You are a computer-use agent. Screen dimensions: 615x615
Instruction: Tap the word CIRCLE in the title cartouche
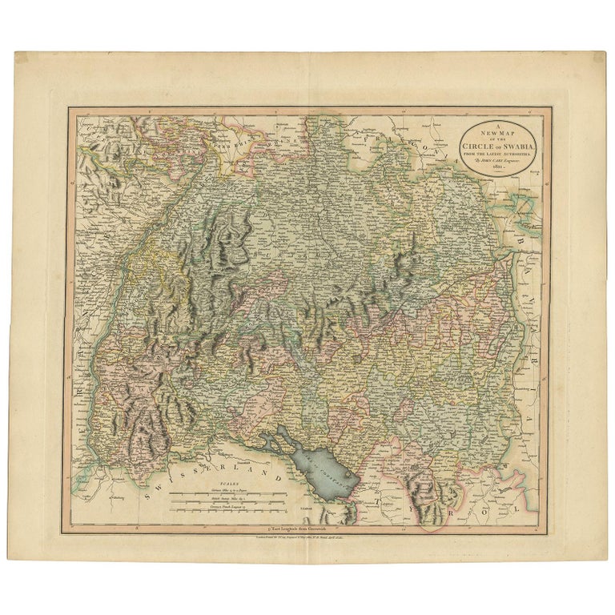click(484, 143)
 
